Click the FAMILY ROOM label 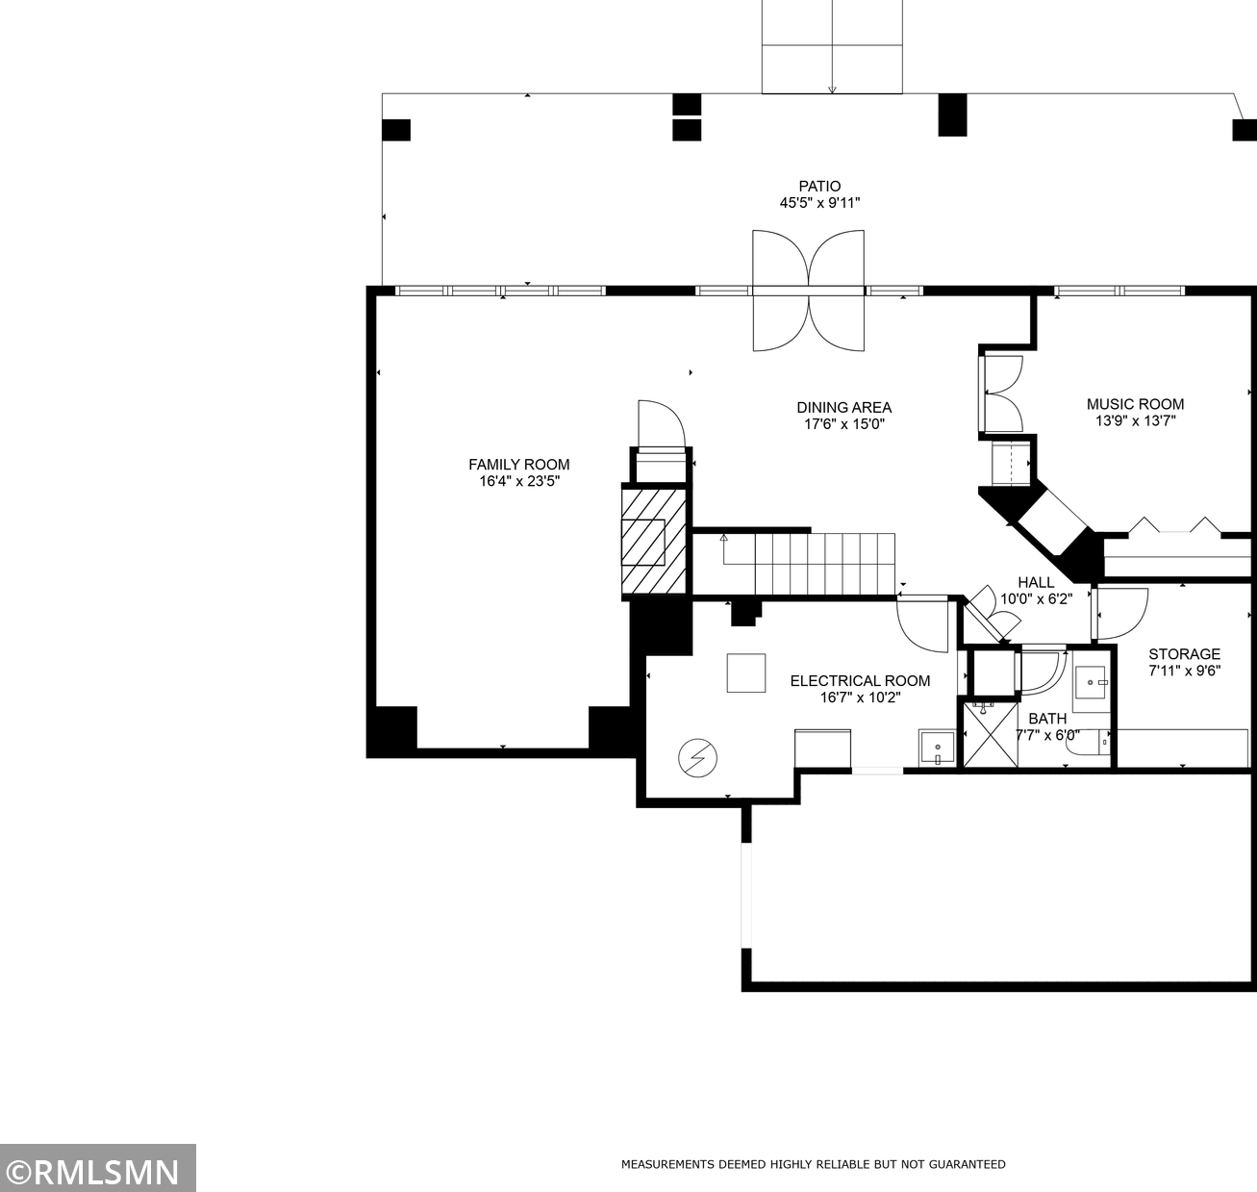[518, 464]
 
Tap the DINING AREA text [843, 407]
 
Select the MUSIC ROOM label [1135, 404]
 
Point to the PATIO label [819, 187]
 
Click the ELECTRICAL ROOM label [860, 680]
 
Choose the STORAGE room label [1184, 653]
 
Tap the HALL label [1036, 582]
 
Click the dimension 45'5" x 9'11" [819, 203]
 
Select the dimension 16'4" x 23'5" [518, 481]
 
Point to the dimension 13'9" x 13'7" [1135, 420]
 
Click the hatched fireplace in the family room [655, 542]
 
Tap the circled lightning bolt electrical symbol [697, 758]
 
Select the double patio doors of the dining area [808, 290]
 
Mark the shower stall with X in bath [990, 734]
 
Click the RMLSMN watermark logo [97, 1171]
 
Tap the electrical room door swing [921, 623]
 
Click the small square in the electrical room [745, 672]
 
